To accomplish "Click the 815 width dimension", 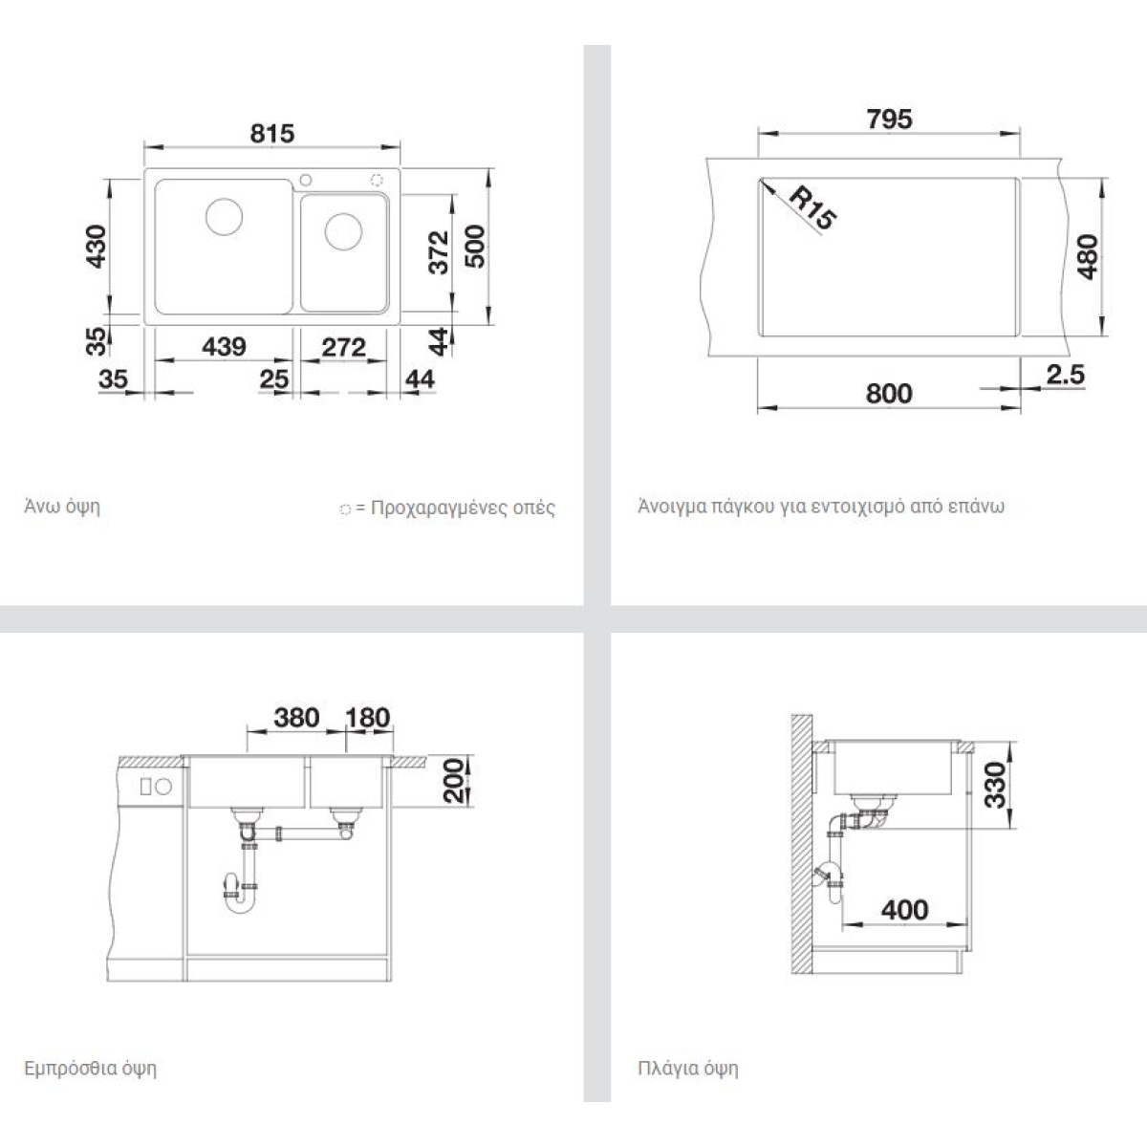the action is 272,133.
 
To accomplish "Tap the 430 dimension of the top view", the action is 96,247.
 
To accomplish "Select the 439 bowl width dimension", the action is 224,346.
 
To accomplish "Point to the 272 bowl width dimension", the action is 343,347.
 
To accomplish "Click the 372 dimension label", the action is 439,252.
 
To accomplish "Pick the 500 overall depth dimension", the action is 475,247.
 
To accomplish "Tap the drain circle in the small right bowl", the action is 343,231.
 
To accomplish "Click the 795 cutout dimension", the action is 889,119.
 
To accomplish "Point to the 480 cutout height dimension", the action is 1088,257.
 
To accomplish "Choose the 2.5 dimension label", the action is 1066,375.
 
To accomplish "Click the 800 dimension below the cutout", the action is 889,394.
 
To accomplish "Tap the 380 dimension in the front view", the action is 296,718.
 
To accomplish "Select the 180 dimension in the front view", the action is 368,718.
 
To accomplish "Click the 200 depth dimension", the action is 454,780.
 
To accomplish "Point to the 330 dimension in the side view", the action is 995,786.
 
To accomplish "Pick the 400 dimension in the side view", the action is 905,910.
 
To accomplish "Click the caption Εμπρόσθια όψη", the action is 91,1068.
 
